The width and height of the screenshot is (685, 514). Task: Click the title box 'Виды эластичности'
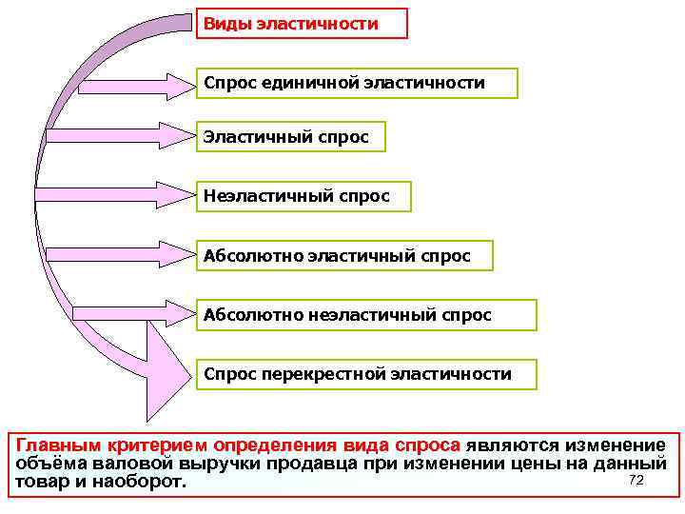tap(302, 24)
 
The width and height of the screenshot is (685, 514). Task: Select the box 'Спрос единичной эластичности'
tap(357, 84)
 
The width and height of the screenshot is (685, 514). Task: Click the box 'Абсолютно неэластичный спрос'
tap(366, 315)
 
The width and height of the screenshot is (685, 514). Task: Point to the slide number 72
tap(636, 480)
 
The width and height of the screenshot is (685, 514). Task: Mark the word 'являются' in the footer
tap(513, 445)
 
